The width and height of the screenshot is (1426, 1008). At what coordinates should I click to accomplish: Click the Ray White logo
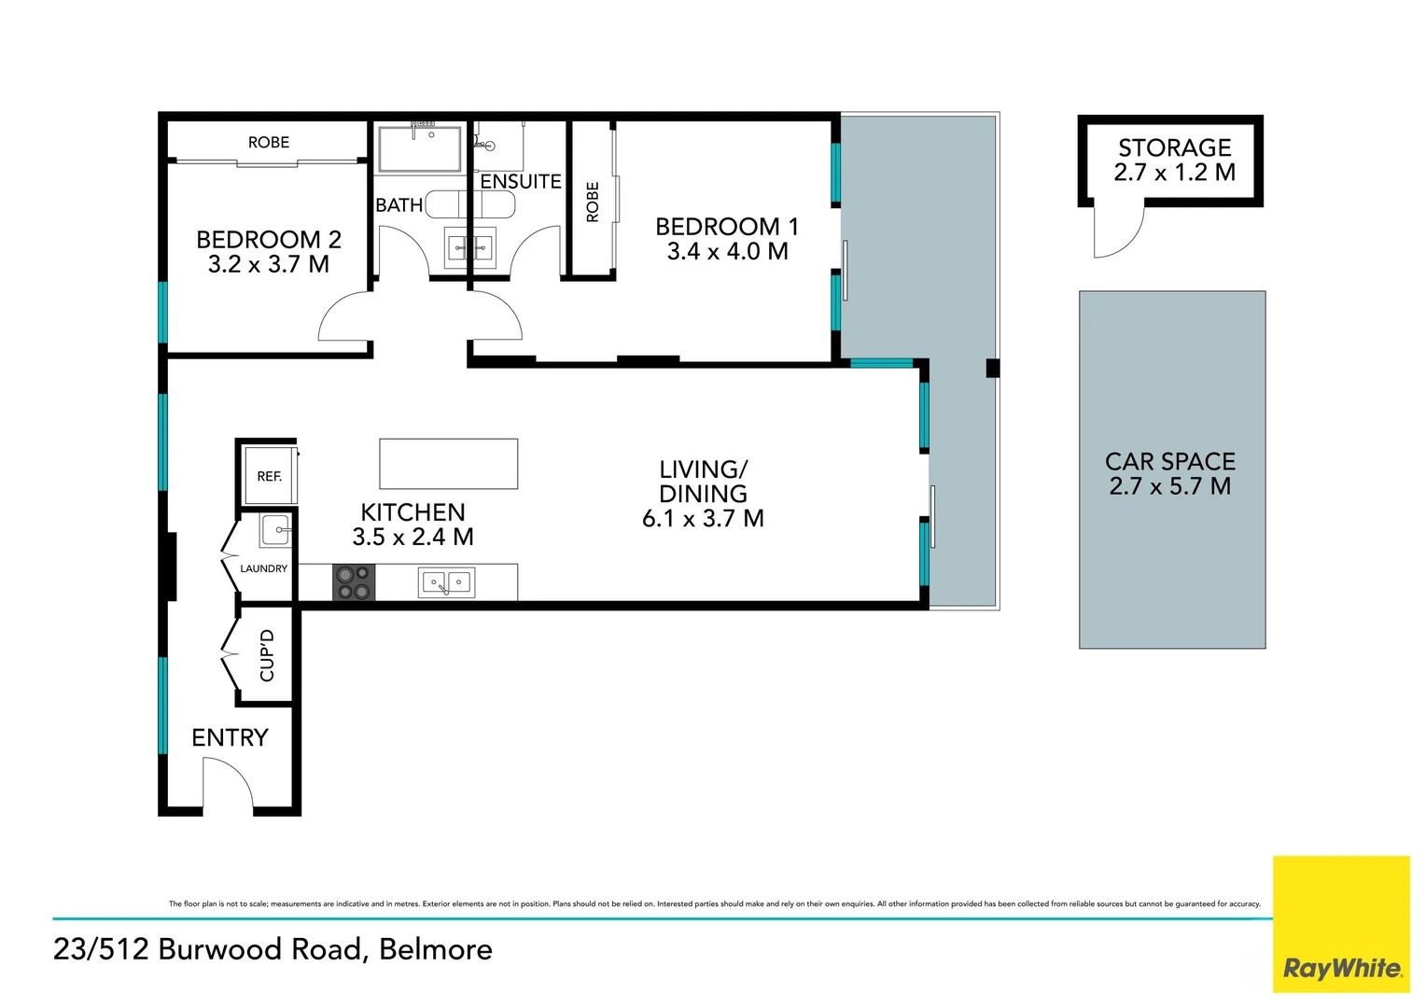pos(1341,924)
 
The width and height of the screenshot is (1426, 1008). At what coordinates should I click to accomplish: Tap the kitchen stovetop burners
pos(354,582)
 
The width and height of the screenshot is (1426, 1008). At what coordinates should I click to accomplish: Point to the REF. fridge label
pos(270,476)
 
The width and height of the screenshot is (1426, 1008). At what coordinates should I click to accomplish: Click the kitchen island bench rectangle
pos(449,464)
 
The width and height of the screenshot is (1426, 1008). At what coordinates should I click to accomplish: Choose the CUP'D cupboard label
pos(267,655)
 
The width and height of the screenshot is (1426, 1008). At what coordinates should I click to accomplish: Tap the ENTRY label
pos(230,737)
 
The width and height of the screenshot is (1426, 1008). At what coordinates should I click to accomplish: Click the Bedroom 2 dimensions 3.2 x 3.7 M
pos(269,264)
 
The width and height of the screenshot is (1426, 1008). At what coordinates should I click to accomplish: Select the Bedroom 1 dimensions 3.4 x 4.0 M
pos(728,251)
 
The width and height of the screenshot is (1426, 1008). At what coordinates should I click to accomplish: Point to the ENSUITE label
pos(521,181)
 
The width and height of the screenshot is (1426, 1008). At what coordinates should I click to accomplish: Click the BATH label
pos(399,205)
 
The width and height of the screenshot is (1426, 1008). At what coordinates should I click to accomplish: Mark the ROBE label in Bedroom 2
pos(269,142)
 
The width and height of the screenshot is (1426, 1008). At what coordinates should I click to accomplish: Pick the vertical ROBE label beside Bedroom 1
pos(592,202)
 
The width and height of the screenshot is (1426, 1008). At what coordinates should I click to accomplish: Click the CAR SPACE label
pos(1170,461)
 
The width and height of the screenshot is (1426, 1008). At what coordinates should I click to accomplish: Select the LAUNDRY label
pos(263,568)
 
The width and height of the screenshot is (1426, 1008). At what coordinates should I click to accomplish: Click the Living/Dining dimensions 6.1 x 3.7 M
pos(703,518)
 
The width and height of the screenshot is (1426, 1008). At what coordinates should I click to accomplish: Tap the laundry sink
pos(275,531)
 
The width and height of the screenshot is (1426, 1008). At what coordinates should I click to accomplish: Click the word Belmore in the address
pos(436,949)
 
